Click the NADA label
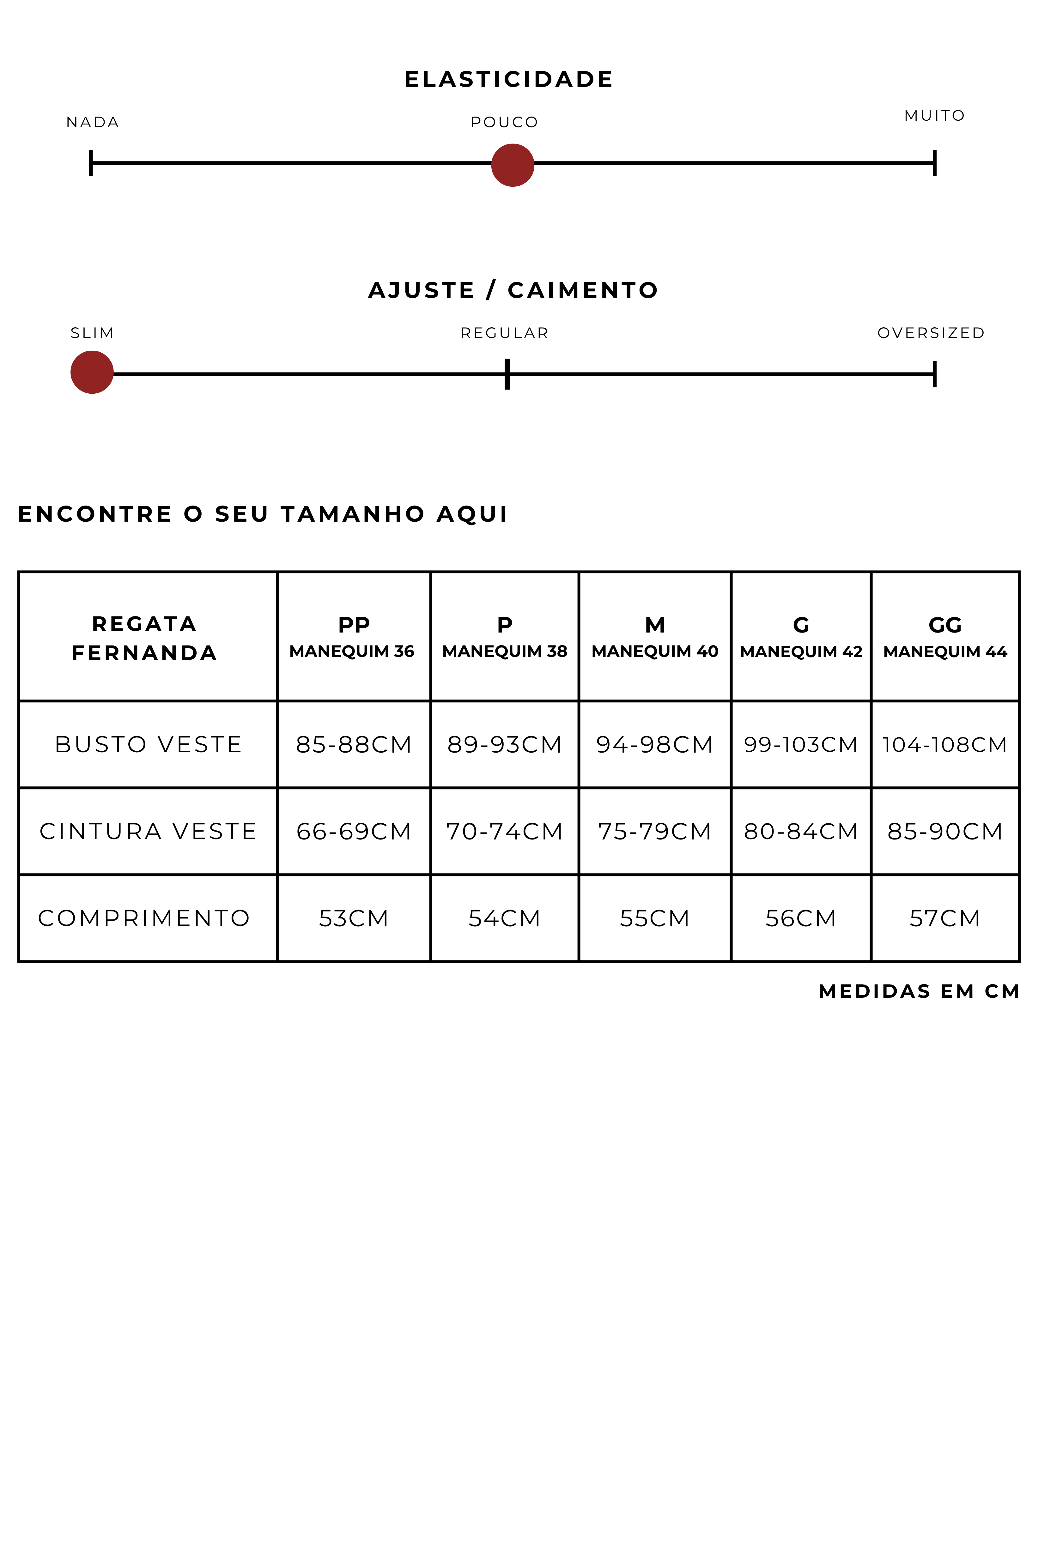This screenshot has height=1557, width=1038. coord(93,123)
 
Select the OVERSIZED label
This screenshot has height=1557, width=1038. coord(931,333)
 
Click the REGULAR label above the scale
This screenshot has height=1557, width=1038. coord(504,333)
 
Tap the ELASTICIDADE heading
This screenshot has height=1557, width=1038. coord(508,79)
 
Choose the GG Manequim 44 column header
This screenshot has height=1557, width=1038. coord(945,637)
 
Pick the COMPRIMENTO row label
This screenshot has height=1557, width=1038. coord(144,918)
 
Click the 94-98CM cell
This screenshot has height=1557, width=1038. coord(654,745)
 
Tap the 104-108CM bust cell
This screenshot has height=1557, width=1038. coord(945,745)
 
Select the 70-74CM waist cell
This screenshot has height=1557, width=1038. coord(504,832)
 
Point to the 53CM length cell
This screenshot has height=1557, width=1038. coord(354,918)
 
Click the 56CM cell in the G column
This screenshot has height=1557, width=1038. coord(800,918)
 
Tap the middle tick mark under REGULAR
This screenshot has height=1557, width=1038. coord(507,374)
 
